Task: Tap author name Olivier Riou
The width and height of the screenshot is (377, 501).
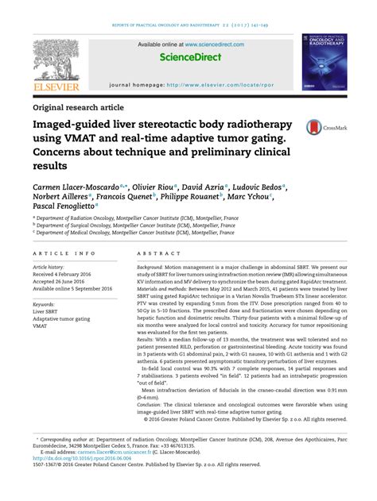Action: [157, 187]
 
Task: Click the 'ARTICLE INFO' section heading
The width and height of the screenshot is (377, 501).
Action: [60, 252]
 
